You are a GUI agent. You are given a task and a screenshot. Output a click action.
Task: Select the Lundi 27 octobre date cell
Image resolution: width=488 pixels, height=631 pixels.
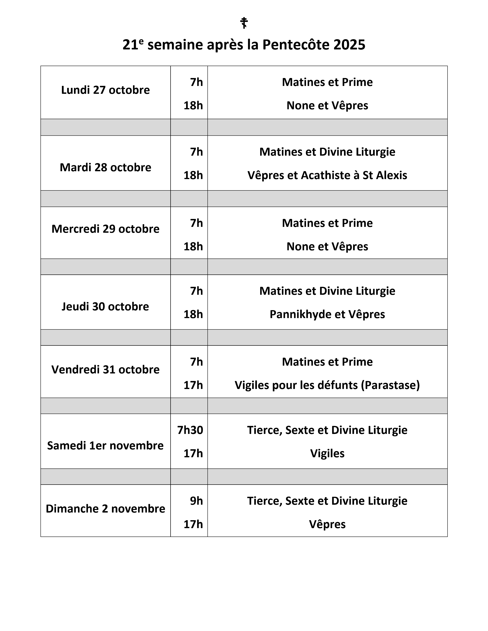106,90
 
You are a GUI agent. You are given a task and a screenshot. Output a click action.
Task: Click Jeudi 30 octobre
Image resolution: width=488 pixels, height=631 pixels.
106,307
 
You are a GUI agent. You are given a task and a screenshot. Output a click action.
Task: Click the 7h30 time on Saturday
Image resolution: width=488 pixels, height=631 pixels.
190,430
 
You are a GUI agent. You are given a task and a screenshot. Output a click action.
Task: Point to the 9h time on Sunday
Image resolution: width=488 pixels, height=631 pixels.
196,501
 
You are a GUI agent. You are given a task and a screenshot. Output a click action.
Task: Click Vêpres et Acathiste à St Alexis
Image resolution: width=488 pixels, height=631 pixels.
327,175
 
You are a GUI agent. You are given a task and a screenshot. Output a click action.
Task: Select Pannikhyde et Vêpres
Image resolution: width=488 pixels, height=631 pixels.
327,314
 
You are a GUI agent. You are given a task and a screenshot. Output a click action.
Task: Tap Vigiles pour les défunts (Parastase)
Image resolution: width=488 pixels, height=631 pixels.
327,385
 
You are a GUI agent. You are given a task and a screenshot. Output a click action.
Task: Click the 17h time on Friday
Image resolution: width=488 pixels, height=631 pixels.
193,385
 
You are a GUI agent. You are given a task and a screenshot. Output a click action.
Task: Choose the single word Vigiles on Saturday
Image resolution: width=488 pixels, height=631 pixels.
327,454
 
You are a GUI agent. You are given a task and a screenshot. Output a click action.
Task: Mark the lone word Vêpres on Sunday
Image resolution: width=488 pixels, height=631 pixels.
327,524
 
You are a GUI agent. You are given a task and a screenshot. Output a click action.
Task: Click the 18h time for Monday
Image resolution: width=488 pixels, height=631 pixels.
193,106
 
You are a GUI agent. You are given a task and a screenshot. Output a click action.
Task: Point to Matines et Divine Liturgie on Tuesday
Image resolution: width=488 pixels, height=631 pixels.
327,152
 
